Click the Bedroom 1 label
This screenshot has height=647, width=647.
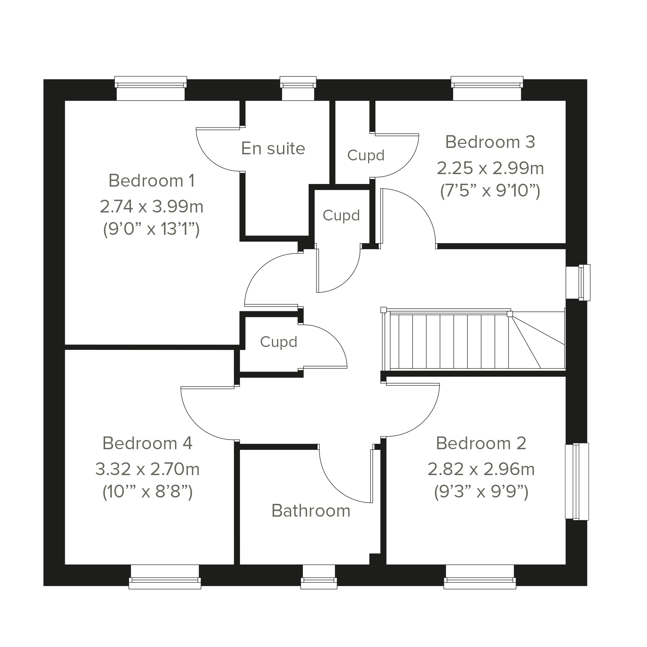[151, 181]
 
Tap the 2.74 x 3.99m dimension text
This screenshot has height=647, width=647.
[151, 207]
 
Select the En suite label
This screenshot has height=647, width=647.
[273, 148]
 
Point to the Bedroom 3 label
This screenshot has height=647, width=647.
[490, 142]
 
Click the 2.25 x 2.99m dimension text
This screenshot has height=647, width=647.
[490, 168]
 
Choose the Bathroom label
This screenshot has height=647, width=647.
[311, 511]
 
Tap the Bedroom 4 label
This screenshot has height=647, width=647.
[147, 443]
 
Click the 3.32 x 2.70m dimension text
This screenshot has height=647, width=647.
[147, 469]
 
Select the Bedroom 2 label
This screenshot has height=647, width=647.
[481, 443]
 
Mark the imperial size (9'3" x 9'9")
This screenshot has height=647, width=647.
[481, 492]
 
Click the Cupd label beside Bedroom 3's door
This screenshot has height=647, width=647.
[366, 155]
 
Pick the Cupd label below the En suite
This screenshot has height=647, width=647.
[341, 215]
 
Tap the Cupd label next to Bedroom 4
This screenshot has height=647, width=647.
[279, 342]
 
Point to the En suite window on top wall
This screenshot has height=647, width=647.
[298, 88]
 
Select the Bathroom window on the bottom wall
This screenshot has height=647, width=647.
[319, 577]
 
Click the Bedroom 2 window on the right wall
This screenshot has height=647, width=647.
[577, 481]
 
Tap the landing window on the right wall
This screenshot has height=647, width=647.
[578, 282]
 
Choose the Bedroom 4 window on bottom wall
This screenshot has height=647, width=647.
[165, 577]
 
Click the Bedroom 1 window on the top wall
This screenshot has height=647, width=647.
[151, 88]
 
